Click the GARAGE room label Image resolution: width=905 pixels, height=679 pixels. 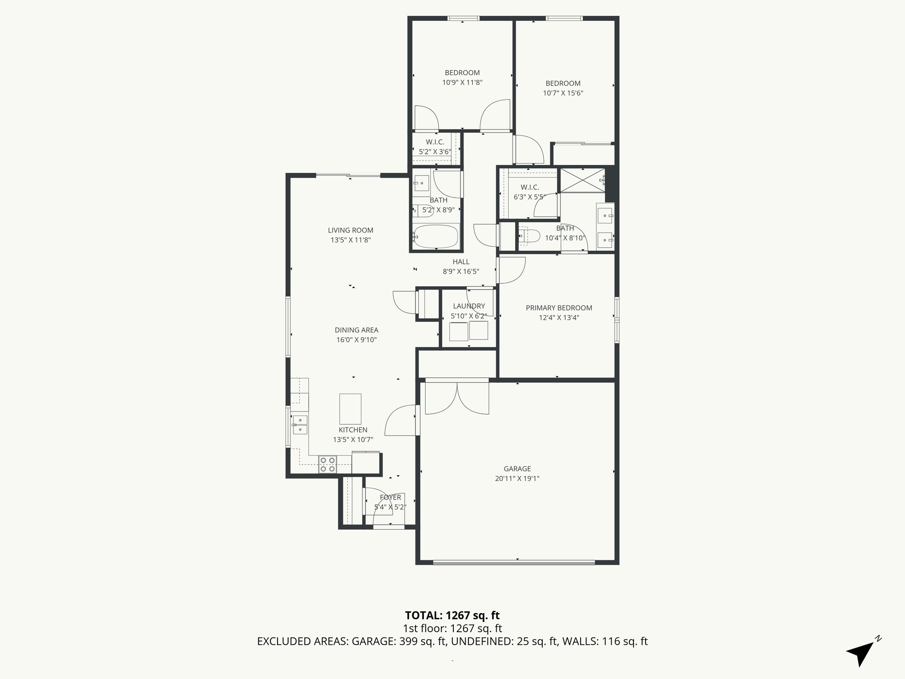pos(517,469)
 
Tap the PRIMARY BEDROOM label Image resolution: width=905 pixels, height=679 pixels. pos(559,308)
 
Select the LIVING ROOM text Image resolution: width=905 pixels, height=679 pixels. pos(350,230)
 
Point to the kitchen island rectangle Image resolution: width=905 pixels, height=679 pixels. pos(350,408)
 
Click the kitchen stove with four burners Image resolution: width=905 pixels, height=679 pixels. pos(327,465)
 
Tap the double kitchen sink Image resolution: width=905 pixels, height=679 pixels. pos(300,424)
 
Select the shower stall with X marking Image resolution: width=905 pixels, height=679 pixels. pos(582,180)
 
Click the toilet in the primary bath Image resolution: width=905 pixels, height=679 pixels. pos(528,236)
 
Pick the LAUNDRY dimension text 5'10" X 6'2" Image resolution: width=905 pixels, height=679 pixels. pos(468,316)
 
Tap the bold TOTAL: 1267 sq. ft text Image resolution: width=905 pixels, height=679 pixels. pos(452,615)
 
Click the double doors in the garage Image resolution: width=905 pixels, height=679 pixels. pos(457,398)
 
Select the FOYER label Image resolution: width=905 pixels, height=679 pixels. pos(390,497)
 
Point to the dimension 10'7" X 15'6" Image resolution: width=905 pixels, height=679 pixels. pos(563,93)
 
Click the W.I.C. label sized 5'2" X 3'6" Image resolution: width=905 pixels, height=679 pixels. pos(435,142)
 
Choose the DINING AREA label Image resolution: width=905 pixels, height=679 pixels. pos(356,330)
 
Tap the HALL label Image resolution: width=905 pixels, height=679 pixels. pos(461,262)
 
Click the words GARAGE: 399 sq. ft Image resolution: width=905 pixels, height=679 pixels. pos(399,641)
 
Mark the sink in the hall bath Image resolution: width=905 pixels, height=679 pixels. pos(421,183)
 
